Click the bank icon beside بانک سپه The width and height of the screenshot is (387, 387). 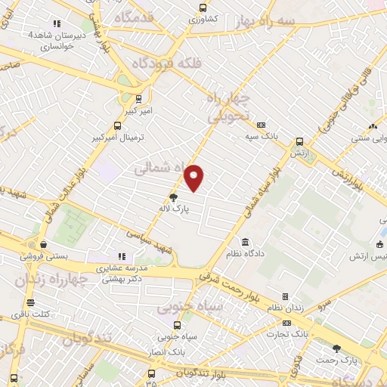click(x=262, y=125)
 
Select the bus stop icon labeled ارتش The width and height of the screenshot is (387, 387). click(x=299, y=141)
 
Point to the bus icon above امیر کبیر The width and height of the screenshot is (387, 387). click(x=138, y=98)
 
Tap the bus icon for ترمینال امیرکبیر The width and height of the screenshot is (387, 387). click(x=116, y=126)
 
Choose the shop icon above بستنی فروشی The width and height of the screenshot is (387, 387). click(x=43, y=245)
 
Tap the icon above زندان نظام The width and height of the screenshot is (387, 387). click(x=285, y=296)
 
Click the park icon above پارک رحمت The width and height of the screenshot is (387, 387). click(x=336, y=348)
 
